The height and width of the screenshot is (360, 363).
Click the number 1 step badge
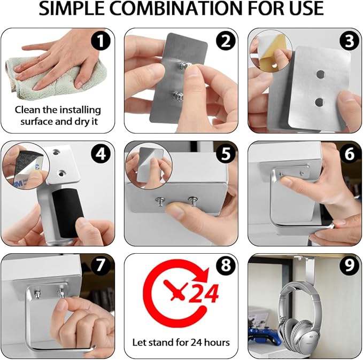click(x=101, y=41)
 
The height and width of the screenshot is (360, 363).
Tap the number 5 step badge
click(x=226, y=154)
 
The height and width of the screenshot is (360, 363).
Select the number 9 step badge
click(x=349, y=265)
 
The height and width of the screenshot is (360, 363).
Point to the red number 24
click(x=204, y=293)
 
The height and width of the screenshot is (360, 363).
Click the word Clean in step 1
click(x=28, y=110)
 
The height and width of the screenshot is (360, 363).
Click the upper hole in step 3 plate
click(x=320, y=74)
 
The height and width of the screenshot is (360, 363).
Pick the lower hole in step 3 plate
click(x=319, y=102)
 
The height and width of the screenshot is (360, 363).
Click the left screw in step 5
click(x=160, y=201)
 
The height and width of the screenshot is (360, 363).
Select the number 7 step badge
click(x=101, y=265)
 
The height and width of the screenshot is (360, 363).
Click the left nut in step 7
click(x=37, y=294)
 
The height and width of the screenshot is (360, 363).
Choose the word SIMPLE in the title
click(x=72, y=9)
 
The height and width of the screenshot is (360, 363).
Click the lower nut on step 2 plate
click(x=178, y=96)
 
